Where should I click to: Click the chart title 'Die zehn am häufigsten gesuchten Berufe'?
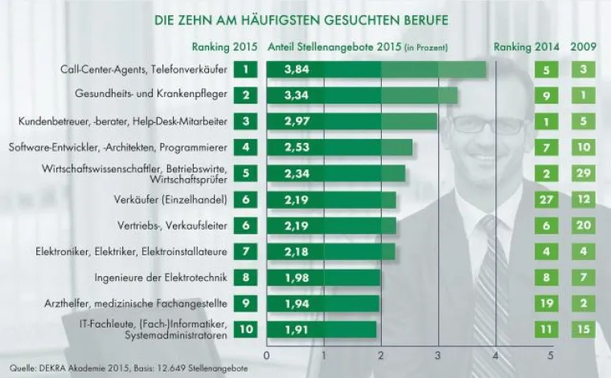click(x=301, y=18)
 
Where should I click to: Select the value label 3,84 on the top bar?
click(x=297, y=70)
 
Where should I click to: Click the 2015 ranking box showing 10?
click(x=249, y=329)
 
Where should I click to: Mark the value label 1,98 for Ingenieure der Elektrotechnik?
click(x=297, y=278)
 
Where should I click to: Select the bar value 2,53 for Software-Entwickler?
click(x=297, y=148)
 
